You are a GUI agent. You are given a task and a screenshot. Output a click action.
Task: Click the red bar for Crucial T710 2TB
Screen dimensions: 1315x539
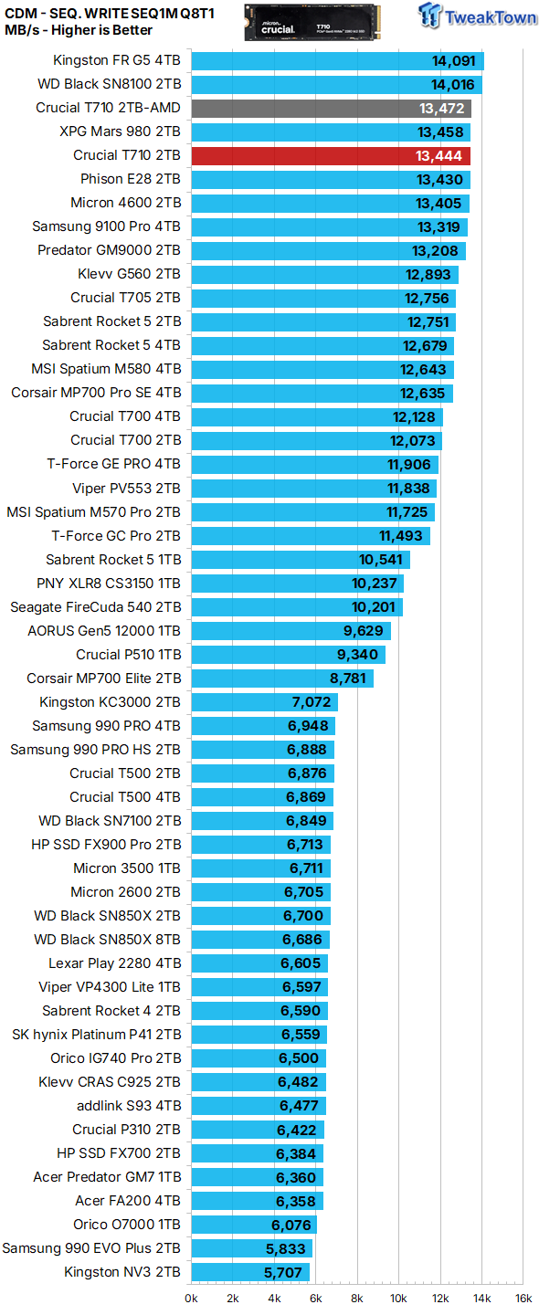(x=331, y=155)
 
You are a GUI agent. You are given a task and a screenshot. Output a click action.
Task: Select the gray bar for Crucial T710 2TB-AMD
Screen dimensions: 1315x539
(x=331, y=108)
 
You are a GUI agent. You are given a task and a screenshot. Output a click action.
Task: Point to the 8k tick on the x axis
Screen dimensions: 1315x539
(x=357, y=1298)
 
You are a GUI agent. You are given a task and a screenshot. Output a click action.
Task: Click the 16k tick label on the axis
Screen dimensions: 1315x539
(x=523, y=1298)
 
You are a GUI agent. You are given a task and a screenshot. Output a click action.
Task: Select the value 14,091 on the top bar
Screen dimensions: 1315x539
(x=454, y=61)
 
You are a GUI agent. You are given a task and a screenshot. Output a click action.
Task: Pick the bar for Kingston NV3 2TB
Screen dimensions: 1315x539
(x=250, y=1272)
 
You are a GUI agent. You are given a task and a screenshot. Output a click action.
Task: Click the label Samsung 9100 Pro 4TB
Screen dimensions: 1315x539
(x=106, y=226)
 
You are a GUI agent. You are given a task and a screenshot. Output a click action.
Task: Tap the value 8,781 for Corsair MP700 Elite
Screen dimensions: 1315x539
(x=348, y=679)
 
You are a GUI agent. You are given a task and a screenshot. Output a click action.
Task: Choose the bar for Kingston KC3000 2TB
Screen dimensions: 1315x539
(x=264, y=702)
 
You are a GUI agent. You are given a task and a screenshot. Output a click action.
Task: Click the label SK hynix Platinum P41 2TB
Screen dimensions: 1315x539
(x=96, y=1035)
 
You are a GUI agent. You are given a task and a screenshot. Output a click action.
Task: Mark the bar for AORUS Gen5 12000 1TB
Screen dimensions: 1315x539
(x=291, y=631)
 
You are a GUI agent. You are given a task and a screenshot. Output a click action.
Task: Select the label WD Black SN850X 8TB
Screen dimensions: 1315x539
(x=107, y=940)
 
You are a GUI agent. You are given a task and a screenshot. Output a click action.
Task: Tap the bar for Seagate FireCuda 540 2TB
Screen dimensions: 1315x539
(x=297, y=607)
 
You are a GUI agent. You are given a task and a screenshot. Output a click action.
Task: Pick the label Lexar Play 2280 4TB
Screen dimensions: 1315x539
(x=114, y=963)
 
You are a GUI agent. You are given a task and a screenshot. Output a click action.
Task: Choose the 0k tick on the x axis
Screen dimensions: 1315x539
(x=191, y=1298)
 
